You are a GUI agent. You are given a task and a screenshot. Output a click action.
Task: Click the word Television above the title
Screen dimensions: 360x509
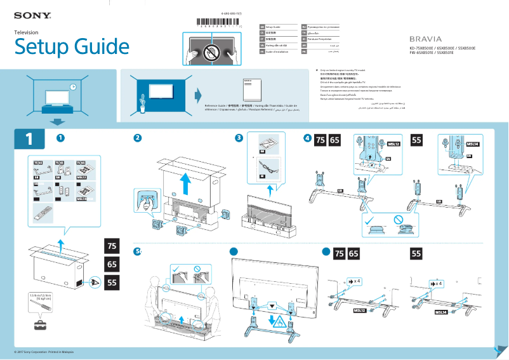[27, 32]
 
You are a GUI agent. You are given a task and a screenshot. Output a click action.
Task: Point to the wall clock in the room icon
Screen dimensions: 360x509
[73, 86]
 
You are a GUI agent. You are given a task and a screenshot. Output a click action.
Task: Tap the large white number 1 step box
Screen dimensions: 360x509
[29, 138]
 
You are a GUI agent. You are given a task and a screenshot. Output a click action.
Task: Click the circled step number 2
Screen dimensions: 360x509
[137, 138]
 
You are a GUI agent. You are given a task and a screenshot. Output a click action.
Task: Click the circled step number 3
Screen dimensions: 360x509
[239, 138]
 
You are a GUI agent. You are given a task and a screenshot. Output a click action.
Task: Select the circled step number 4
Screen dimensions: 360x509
[307, 138]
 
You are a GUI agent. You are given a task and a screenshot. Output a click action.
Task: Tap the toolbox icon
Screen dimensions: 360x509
[41, 324]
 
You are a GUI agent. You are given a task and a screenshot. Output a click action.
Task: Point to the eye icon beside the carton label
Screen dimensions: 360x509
[94, 281]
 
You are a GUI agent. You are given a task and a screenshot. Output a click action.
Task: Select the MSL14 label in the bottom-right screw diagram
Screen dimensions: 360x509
[442, 312]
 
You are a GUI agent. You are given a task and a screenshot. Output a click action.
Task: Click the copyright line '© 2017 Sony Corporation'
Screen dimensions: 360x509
[44, 352]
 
